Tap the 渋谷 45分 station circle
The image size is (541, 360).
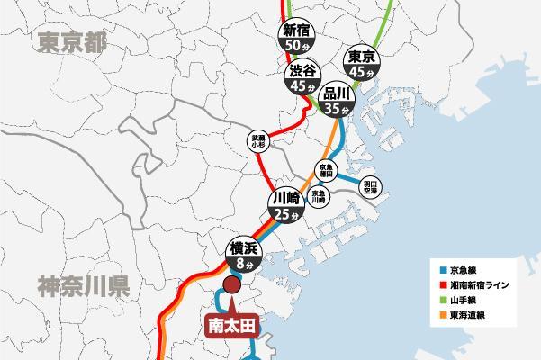point(302,79)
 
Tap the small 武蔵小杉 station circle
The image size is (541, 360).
point(258,141)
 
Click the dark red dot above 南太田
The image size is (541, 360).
point(230,286)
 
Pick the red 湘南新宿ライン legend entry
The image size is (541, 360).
point(478,285)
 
